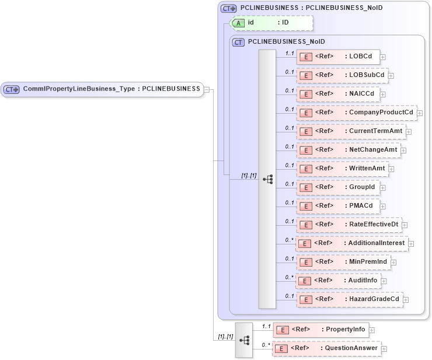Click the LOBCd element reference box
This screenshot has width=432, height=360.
click(x=339, y=57)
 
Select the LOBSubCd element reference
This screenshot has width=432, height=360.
click(x=342, y=75)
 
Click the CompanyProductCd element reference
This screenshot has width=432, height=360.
click(x=357, y=113)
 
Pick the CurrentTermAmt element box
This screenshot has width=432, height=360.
click(x=351, y=131)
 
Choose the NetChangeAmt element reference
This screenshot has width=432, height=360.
click(x=349, y=150)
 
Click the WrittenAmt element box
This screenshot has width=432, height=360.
click(x=343, y=169)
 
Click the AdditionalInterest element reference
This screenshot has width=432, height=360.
click(x=352, y=243)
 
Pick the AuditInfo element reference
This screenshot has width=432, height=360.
click(x=339, y=281)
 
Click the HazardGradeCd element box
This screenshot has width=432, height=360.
click(x=350, y=299)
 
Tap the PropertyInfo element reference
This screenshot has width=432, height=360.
click(x=320, y=330)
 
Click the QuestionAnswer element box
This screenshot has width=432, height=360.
click(x=326, y=348)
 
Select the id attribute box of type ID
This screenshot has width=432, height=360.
click(x=272, y=23)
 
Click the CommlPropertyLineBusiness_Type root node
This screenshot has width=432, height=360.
click(x=102, y=89)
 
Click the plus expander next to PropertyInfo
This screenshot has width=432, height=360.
click(x=372, y=330)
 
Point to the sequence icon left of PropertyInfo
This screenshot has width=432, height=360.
click(x=244, y=340)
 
